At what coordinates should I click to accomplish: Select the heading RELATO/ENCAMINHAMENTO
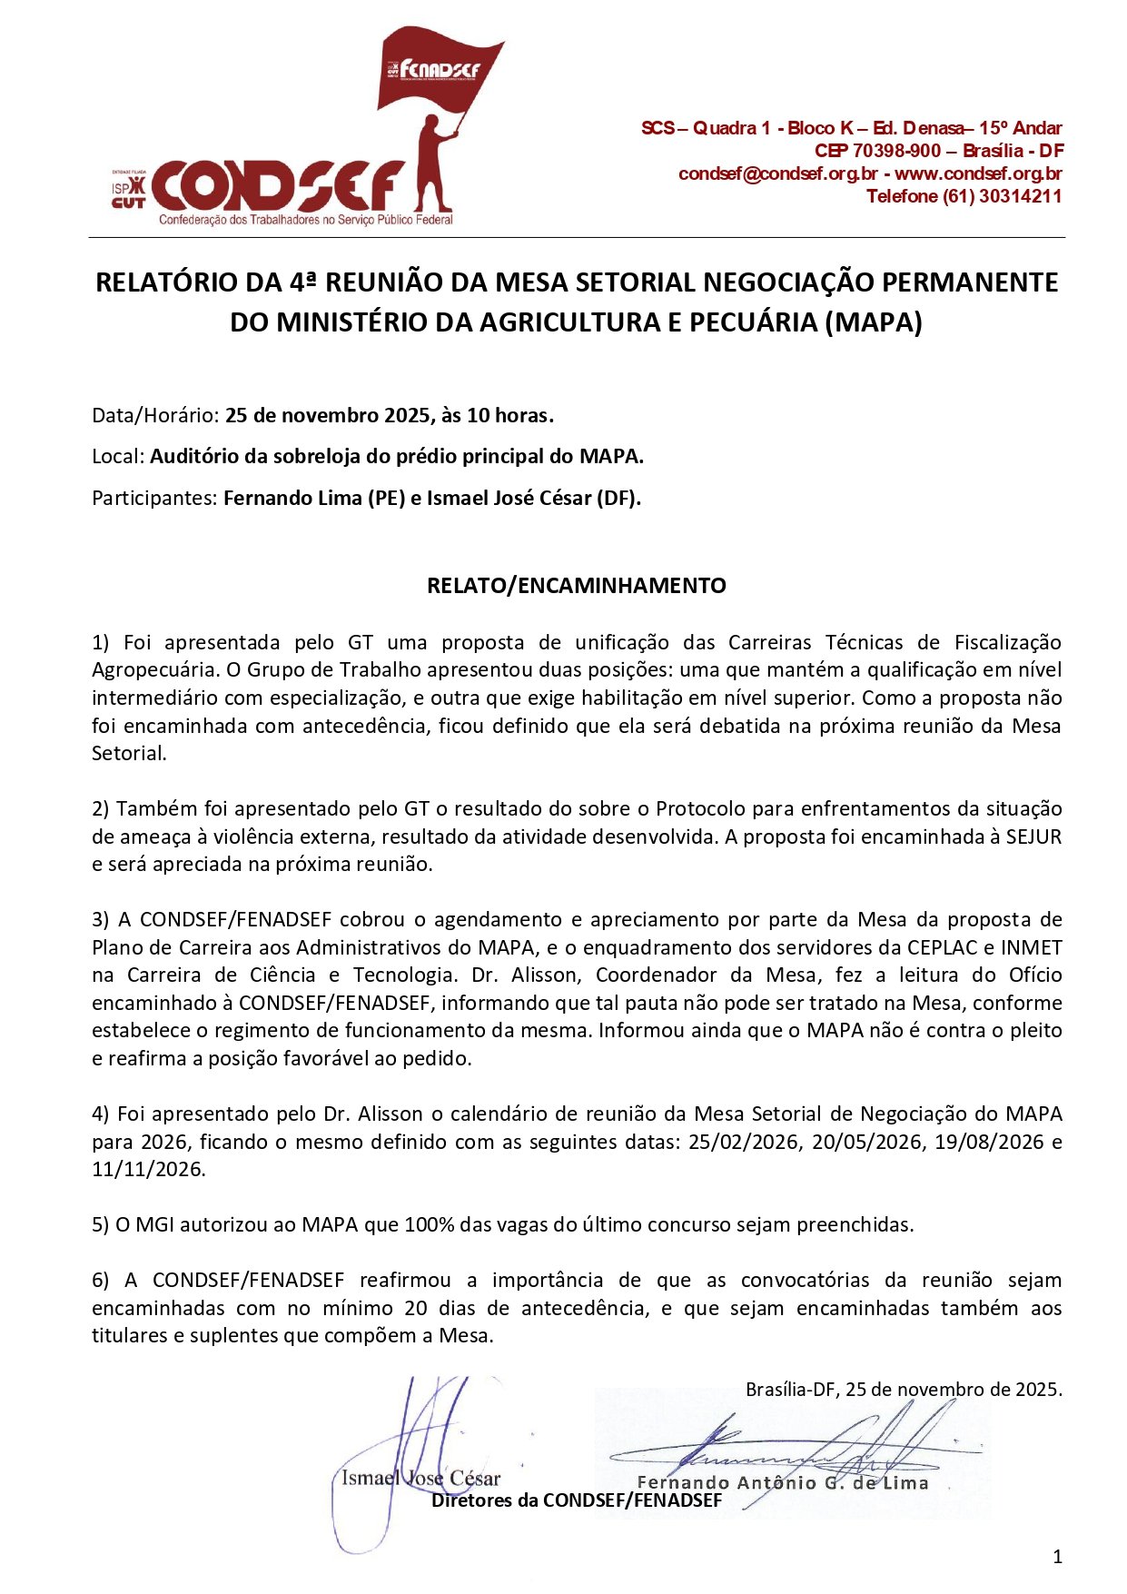coord(576,586)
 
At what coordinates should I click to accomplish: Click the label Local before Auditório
coord(118,456)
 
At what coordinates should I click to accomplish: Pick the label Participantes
coord(154,498)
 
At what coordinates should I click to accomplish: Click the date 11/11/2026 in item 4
coord(148,1169)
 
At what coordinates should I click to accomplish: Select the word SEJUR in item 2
coord(1033,837)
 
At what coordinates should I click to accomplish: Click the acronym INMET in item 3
coord(1032,947)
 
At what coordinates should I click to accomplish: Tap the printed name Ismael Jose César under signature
coord(420,1479)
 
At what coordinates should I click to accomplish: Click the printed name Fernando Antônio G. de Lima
coord(783,1483)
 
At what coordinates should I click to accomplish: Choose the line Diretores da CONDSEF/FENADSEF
coord(576,1500)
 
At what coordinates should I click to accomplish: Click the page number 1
coord(1057,1558)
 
